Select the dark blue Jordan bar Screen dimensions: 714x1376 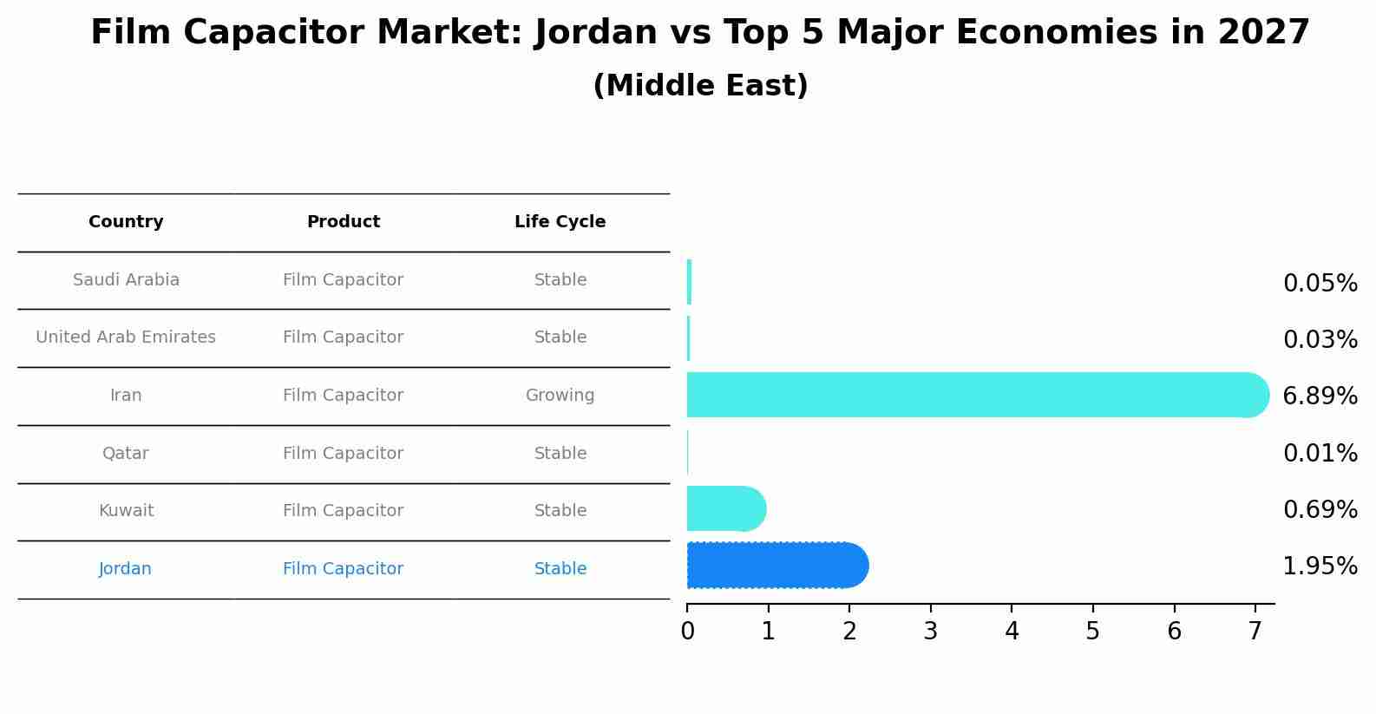click(x=776, y=566)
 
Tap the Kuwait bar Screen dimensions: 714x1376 click(x=725, y=508)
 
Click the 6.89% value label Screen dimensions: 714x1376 click(x=1320, y=396)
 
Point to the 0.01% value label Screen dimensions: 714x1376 click(x=1320, y=454)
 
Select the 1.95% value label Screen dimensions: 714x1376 click(x=1320, y=567)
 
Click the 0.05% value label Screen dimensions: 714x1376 click(x=1320, y=284)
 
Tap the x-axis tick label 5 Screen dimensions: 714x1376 click(x=1092, y=632)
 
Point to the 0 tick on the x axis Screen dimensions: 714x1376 click(x=687, y=632)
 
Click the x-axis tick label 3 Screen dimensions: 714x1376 click(x=930, y=632)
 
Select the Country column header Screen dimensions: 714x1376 click(x=126, y=222)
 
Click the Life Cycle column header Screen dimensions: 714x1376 click(x=560, y=222)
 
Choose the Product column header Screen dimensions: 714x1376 click(x=344, y=222)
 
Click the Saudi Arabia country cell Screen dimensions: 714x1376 click(x=126, y=280)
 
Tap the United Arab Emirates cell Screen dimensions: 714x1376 click(x=126, y=337)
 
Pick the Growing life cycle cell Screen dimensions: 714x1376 click(x=560, y=396)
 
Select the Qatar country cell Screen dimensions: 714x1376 click(x=126, y=454)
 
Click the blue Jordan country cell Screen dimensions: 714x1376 click(x=126, y=569)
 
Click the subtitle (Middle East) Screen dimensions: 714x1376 click(x=700, y=86)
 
